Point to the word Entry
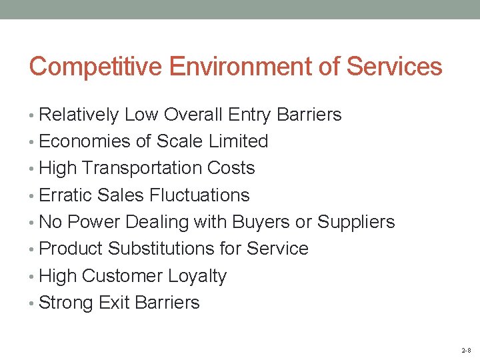pos(249,115)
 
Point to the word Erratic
pos(65,195)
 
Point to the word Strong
pos(66,303)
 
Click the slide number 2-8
pos(465,350)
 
